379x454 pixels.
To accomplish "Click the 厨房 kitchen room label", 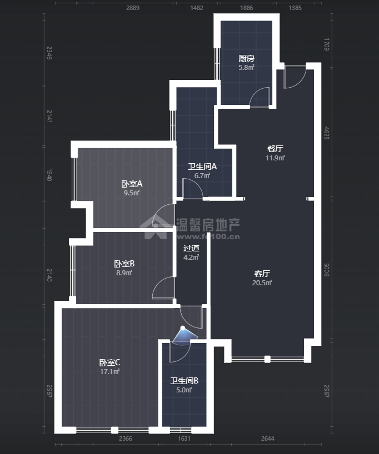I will (x=246, y=58).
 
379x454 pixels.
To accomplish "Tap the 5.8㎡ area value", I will (x=246, y=67).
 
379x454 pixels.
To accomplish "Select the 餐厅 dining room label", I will (x=275, y=149).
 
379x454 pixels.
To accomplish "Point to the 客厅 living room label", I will (x=262, y=274).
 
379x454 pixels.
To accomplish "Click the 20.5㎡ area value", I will (x=262, y=283).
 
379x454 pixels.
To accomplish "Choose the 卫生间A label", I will (x=202, y=167).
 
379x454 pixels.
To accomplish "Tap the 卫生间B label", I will (x=184, y=381).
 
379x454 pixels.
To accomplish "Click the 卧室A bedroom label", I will (x=132, y=184).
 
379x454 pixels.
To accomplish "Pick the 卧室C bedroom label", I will (x=109, y=362).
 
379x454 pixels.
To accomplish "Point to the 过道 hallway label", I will (x=191, y=248).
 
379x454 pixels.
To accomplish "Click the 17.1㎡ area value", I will (x=109, y=371).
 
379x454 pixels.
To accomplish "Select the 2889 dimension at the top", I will (x=133, y=8).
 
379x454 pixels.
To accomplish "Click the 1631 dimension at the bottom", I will (x=184, y=439).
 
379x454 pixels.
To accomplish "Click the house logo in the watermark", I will (x=156, y=227).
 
